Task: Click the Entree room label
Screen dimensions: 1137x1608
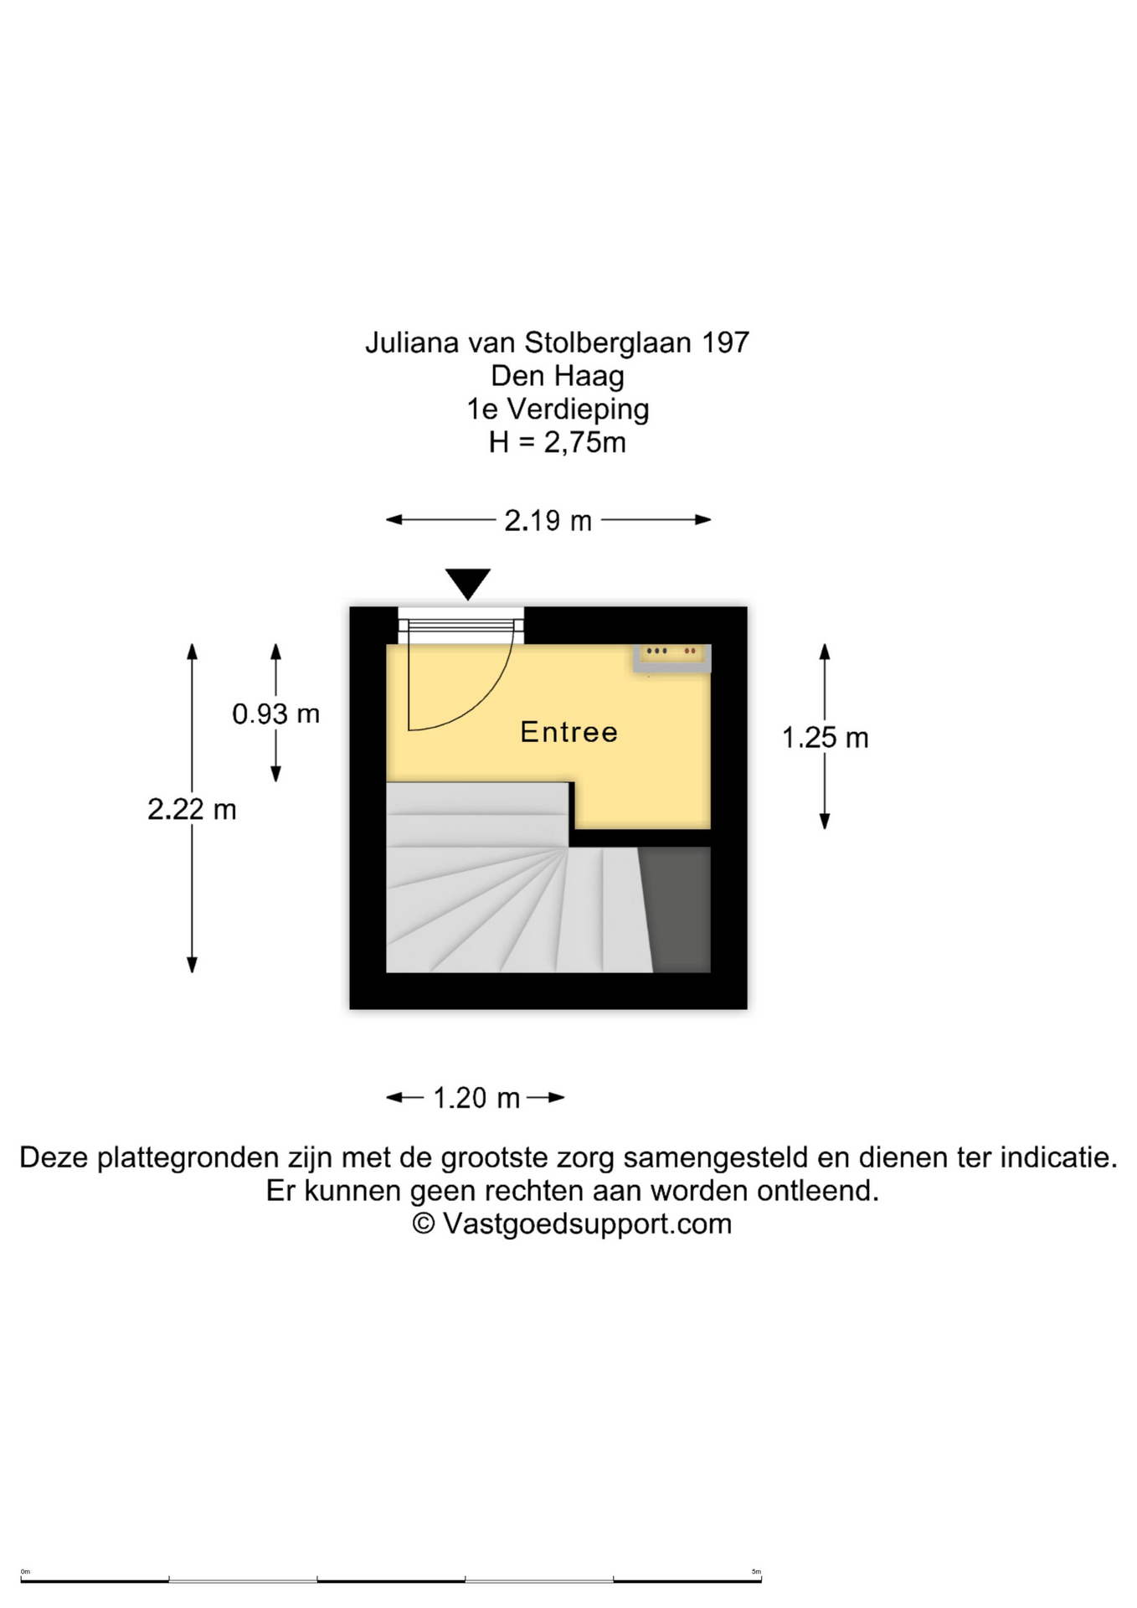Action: point(568,732)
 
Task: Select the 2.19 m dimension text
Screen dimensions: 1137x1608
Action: point(548,521)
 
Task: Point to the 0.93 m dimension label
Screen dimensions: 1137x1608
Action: point(275,714)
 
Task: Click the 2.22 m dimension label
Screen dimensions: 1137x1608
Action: point(192,809)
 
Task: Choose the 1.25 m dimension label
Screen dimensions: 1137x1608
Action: point(825,738)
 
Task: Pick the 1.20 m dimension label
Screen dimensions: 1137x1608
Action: point(476,1098)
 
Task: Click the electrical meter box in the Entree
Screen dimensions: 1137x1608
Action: point(672,658)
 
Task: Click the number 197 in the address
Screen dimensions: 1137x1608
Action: point(725,343)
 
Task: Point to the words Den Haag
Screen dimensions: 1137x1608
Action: point(558,376)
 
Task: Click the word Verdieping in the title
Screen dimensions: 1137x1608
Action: point(579,410)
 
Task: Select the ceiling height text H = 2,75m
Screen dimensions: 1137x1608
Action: point(558,442)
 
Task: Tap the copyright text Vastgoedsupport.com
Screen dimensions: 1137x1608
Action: point(587,1224)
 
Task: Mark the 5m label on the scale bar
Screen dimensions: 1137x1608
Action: point(756,1572)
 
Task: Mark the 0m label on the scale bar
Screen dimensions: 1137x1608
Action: point(25,1572)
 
